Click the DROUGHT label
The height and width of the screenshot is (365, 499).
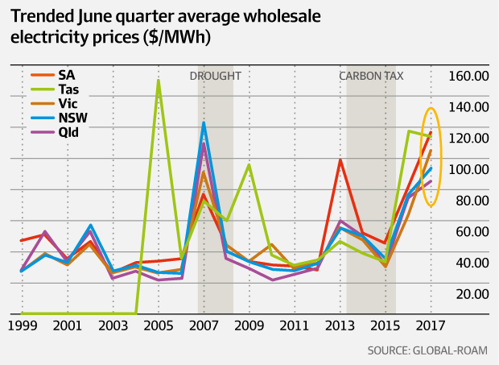point(215,77)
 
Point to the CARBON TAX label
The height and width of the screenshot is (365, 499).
point(371,77)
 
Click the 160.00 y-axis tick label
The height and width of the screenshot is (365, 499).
point(471,76)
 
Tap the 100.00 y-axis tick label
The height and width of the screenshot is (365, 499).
point(471,169)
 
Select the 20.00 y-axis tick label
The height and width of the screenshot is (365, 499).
point(473,294)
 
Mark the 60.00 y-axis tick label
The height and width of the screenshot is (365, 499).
point(473,232)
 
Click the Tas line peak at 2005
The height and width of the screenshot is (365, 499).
point(158,81)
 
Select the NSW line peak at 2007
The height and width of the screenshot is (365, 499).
point(204,122)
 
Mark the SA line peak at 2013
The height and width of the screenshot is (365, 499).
point(340,160)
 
